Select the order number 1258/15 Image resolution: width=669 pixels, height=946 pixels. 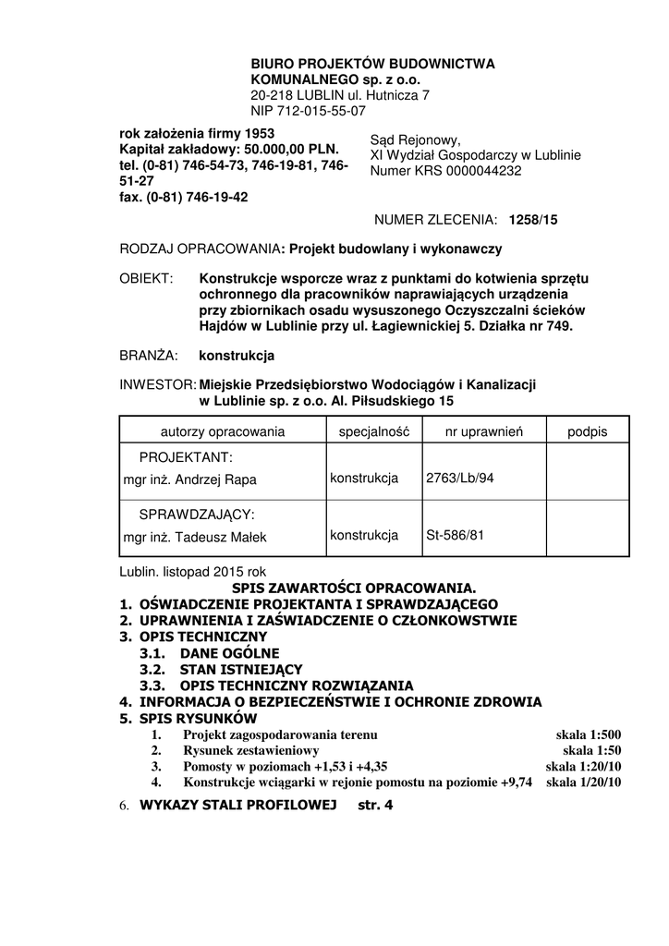[527, 220]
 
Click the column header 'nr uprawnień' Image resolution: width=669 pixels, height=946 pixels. [484, 431]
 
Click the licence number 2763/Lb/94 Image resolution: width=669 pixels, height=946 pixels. [460, 478]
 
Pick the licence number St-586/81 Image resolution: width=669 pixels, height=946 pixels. [456, 535]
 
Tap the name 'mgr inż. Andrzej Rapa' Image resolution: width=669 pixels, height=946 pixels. [189, 479]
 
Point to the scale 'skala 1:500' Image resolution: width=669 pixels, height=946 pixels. [589, 734]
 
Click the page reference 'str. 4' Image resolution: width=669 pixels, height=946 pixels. [375, 805]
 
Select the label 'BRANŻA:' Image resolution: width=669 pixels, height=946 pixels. [149, 356]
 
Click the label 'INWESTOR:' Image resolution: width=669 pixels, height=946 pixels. [158, 383]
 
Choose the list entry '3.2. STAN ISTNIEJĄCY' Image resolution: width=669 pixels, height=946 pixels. [221, 669]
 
